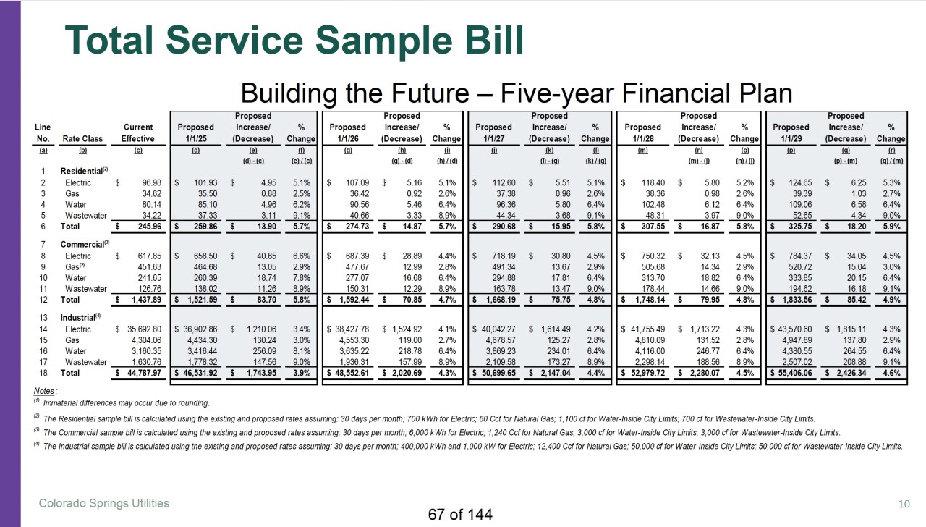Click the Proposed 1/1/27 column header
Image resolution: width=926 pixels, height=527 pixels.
pyautogui.click(x=493, y=132)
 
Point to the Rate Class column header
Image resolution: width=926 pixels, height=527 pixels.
pyautogui.click(x=82, y=138)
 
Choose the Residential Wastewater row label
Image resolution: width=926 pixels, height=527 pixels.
pyautogui.click(x=86, y=216)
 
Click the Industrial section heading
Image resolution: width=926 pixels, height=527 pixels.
pyautogui.click(x=80, y=317)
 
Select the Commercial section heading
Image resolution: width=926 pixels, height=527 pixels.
pyautogui.click(x=85, y=244)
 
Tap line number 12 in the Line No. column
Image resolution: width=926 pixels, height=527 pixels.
pyautogui.click(x=43, y=300)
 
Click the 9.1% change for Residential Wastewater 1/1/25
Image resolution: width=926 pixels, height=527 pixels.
pyautogui.click(x=302, y=216)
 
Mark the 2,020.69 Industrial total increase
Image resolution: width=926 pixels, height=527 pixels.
pyautogui.click(x=402, y=373)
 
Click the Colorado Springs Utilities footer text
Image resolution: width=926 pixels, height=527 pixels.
pyautogui.click(x=104, y=503)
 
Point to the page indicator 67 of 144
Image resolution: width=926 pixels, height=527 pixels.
pyautogui.click(x=460, y=515)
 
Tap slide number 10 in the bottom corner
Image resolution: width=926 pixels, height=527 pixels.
pyautogui.click(x=904, y=504)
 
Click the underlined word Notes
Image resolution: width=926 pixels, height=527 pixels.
pyautogui.click(x=44, y=391)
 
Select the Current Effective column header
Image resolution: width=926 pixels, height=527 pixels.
pyautogui.click(x=138, y=132)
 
